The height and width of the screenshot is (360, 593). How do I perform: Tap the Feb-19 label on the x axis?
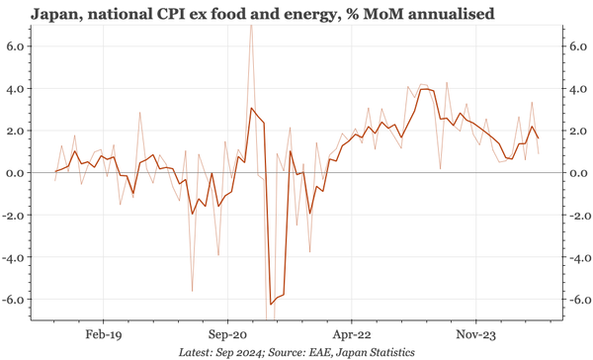point(102,334)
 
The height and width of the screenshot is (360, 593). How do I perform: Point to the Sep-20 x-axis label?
point(228,334)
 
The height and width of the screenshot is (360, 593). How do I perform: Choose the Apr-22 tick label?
point(352,334)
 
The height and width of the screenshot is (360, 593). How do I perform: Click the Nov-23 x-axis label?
point(476,334)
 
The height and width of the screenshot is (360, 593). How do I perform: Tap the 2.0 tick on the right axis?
point(572,131)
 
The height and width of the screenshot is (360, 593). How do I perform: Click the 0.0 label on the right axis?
point(572,173)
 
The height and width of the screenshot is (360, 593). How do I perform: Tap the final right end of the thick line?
point(539,138)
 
